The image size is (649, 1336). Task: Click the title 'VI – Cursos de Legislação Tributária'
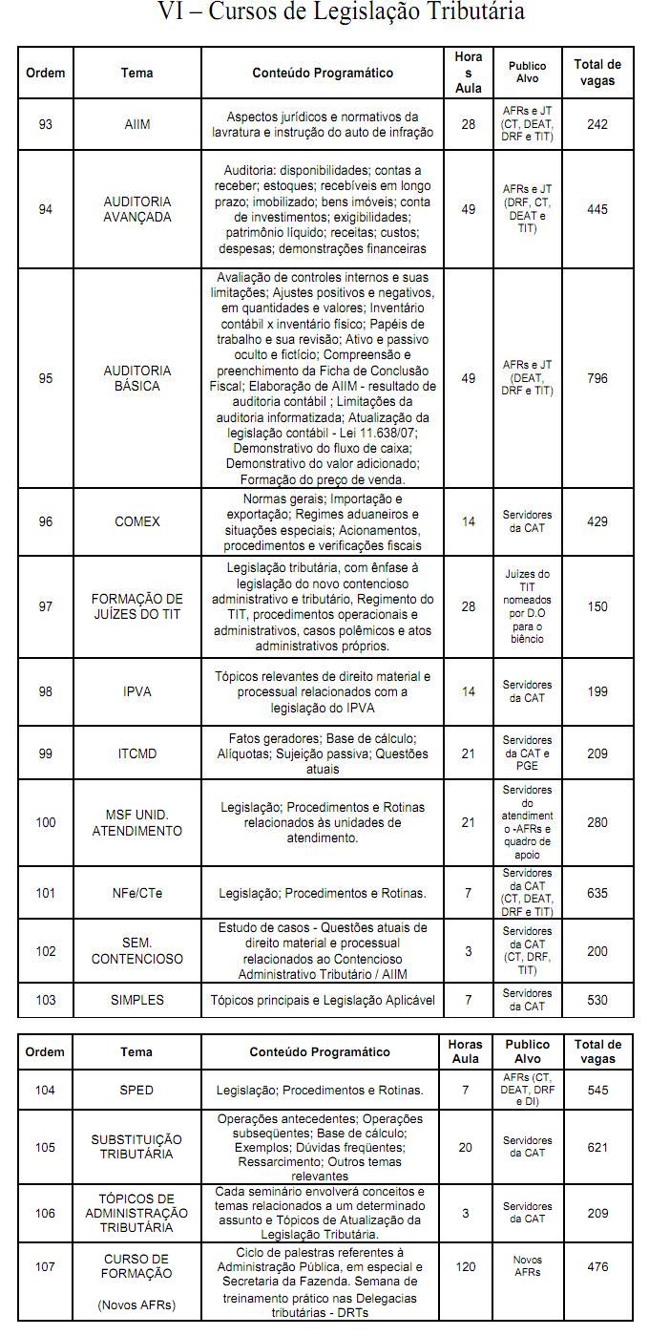tap(340, 13)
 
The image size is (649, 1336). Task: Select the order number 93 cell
tap(46, 124)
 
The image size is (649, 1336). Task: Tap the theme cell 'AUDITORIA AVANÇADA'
tap(137, 209)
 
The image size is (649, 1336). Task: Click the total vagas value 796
tap(597, 378)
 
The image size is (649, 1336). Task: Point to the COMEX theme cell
tap(137, 521)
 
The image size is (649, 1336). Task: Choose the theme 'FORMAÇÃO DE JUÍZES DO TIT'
tap(137, 606)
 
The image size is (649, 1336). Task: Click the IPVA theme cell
tap(137, 691)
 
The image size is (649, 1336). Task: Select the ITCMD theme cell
tap(137, 753)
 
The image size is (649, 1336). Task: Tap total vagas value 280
tap(597, 822)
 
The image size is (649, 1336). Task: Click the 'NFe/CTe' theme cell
tap(137, 893)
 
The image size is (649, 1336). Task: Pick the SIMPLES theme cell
tap(137, 1000)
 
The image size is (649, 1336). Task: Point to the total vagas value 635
tap(597, 893)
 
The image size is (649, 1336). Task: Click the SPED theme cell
tap(136, 1090)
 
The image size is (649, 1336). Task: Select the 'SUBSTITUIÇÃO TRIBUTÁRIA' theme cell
tap(136, 1147)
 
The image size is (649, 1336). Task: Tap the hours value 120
tap(466, 1267)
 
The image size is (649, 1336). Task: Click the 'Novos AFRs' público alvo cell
tap(527, 1267)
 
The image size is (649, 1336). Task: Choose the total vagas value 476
tap(597, 1267)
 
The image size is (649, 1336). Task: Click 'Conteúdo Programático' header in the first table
tap(323, 73)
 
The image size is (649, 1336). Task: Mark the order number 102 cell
tap(46, 951)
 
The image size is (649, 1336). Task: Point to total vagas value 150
tap(597, 606)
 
